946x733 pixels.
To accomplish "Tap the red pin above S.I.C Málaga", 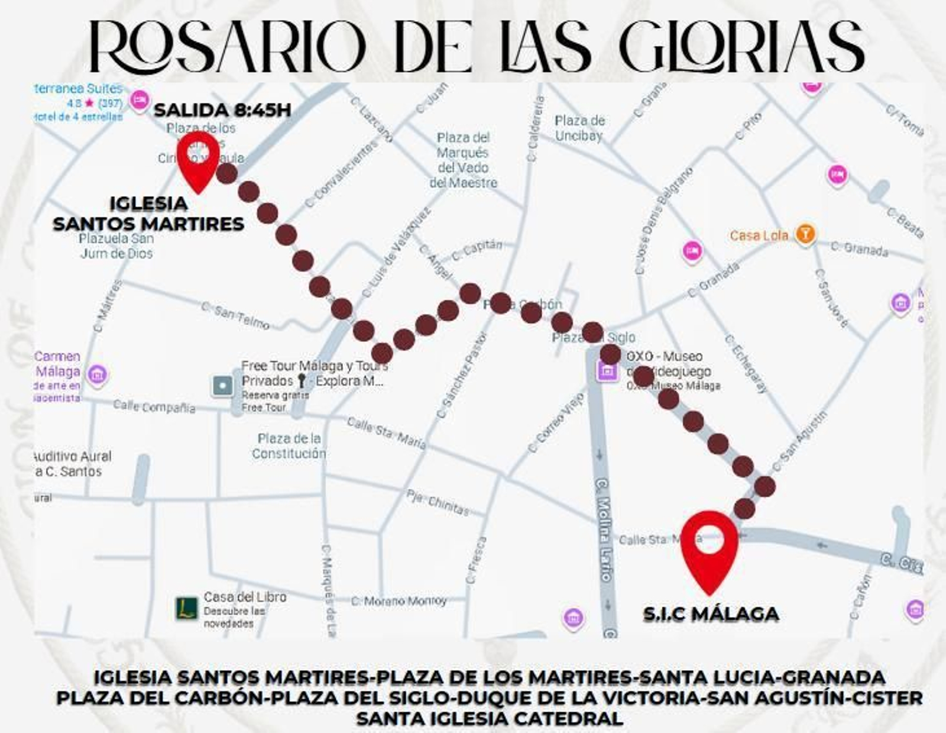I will pyautogui.click(x=709, y=547).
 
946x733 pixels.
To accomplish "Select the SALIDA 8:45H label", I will pyautogui.click(x=222, y=110).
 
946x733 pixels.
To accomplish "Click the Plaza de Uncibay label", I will pyautogui.click(x=579, y=128).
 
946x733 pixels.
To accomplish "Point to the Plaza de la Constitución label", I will pyautogui.click(x=289, y=445).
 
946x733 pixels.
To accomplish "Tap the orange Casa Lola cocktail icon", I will pyautogui.click(x=804, y=234).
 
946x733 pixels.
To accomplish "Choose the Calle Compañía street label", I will pyautogui.click(x=154, y=406).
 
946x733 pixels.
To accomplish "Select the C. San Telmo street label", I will pyautogui.click(x=235, y=315).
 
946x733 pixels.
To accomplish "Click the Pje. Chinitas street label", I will pyautogui.click(x=437, y=503).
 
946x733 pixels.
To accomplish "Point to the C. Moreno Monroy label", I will pyautogui.click(x=399, y=601).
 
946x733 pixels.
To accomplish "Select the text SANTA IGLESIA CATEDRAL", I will pyautogui.click(x=490, y=719).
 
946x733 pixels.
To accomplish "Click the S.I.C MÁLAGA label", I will pyautogui.click(x=711, y=614).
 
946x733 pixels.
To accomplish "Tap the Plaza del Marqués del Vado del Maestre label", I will pyautogui.click(x=464, y=160).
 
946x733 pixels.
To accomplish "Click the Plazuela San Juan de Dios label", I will pyautogui.click(x=116, y=246).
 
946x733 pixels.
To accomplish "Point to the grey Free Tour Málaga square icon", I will pyautogui.click(x=223, y=386).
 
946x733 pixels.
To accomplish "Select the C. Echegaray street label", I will pyautogui.click(x=746, y=364).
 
